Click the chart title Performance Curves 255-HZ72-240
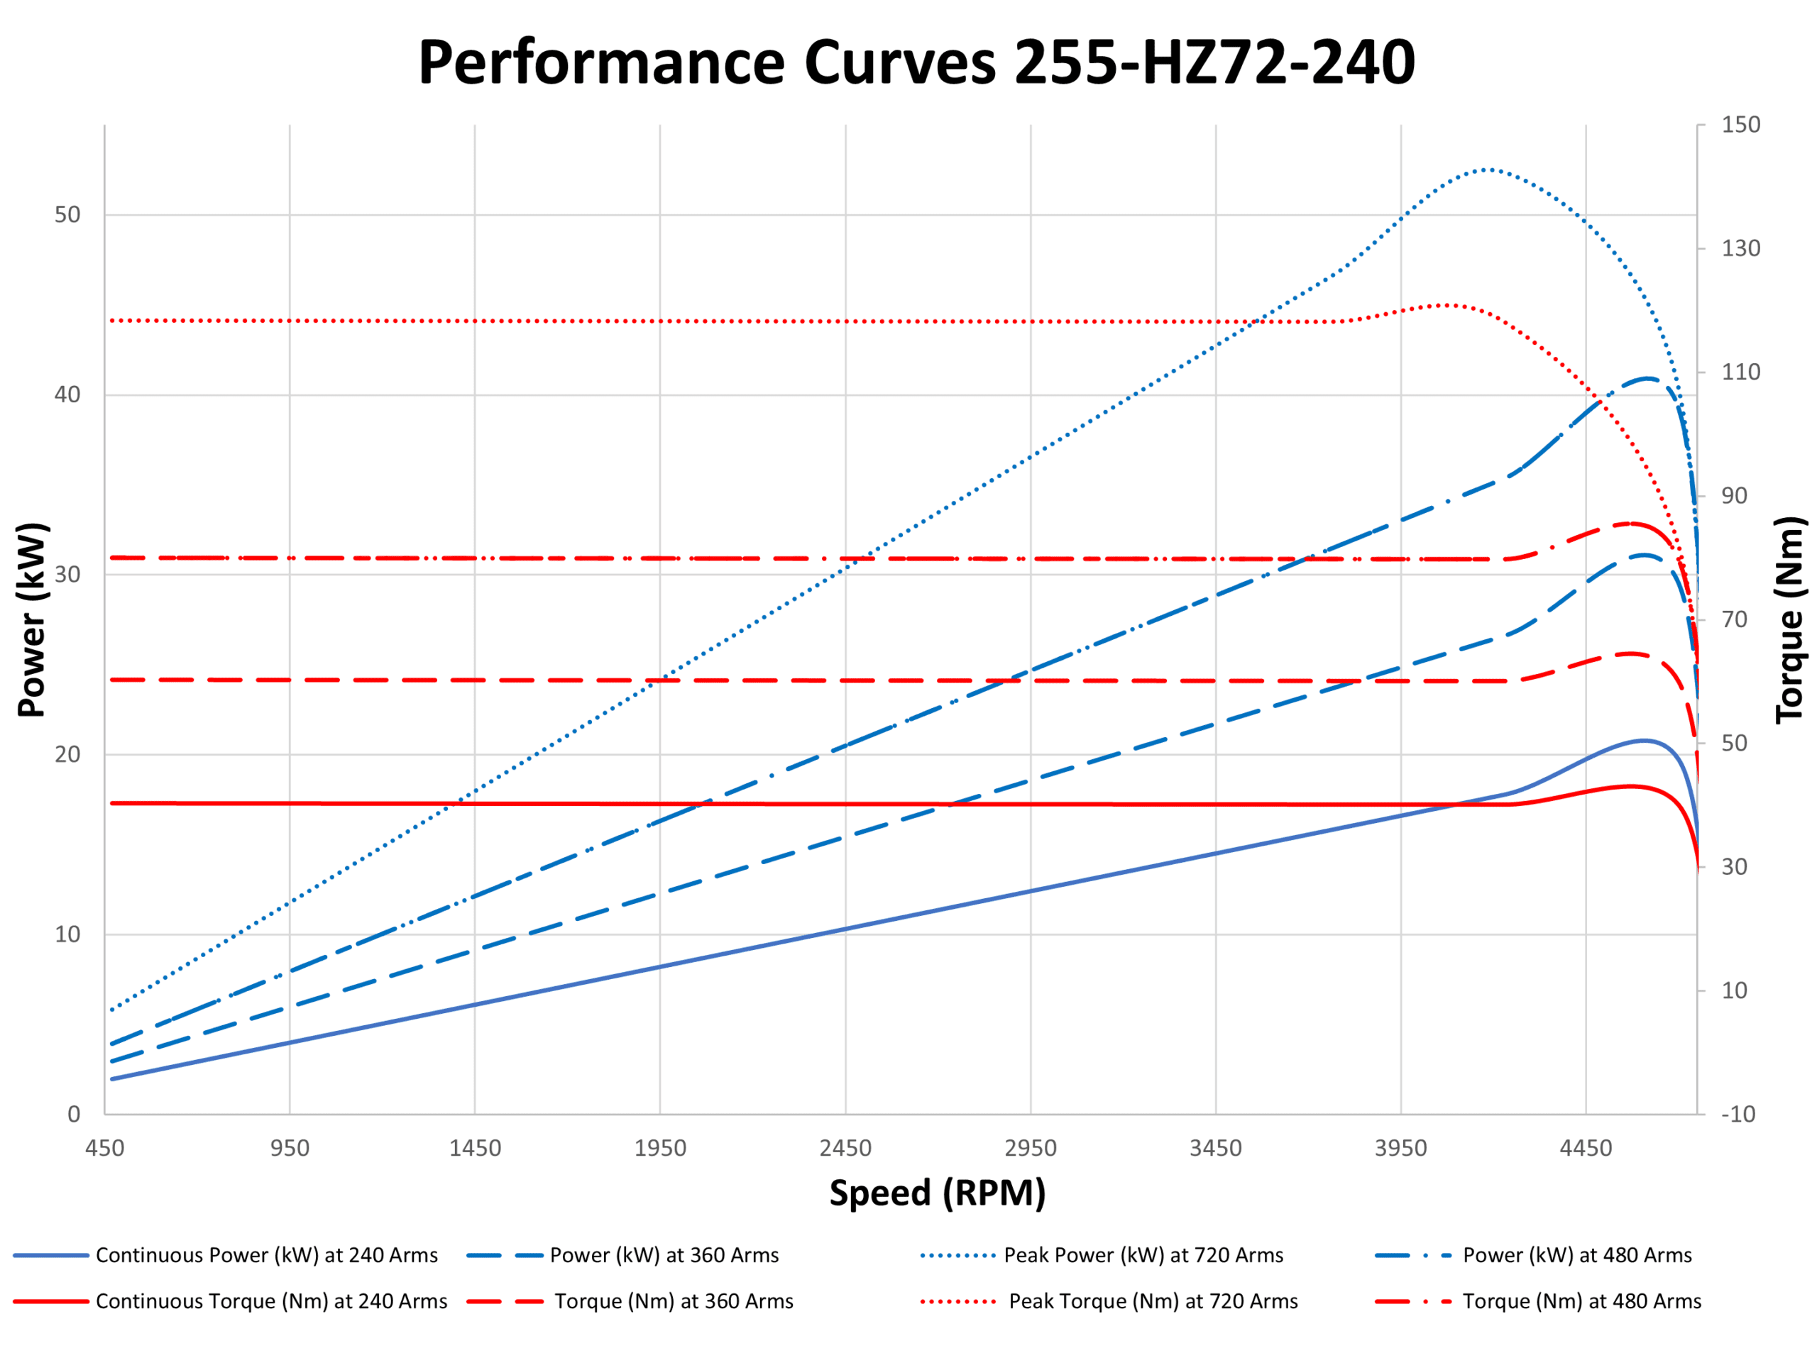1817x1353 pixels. tap(916, 62)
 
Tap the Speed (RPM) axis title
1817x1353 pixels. tap(937, 1193)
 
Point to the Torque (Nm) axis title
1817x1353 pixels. tap(1789, 620)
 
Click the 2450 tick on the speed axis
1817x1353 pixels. tap(845, 1148)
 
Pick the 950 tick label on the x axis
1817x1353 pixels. tap(290, 1148)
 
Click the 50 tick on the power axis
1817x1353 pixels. tap(67, 216)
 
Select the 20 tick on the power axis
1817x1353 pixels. tap(67, 754)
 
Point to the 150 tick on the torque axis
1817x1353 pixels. tap(1740, 124)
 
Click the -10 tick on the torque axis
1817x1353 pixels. tap(1738, 1114)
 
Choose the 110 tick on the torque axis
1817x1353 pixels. tap(1740, 372)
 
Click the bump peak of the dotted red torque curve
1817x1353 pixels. tap(1449, 304)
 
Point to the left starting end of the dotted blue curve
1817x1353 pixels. tap(111, 1009)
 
